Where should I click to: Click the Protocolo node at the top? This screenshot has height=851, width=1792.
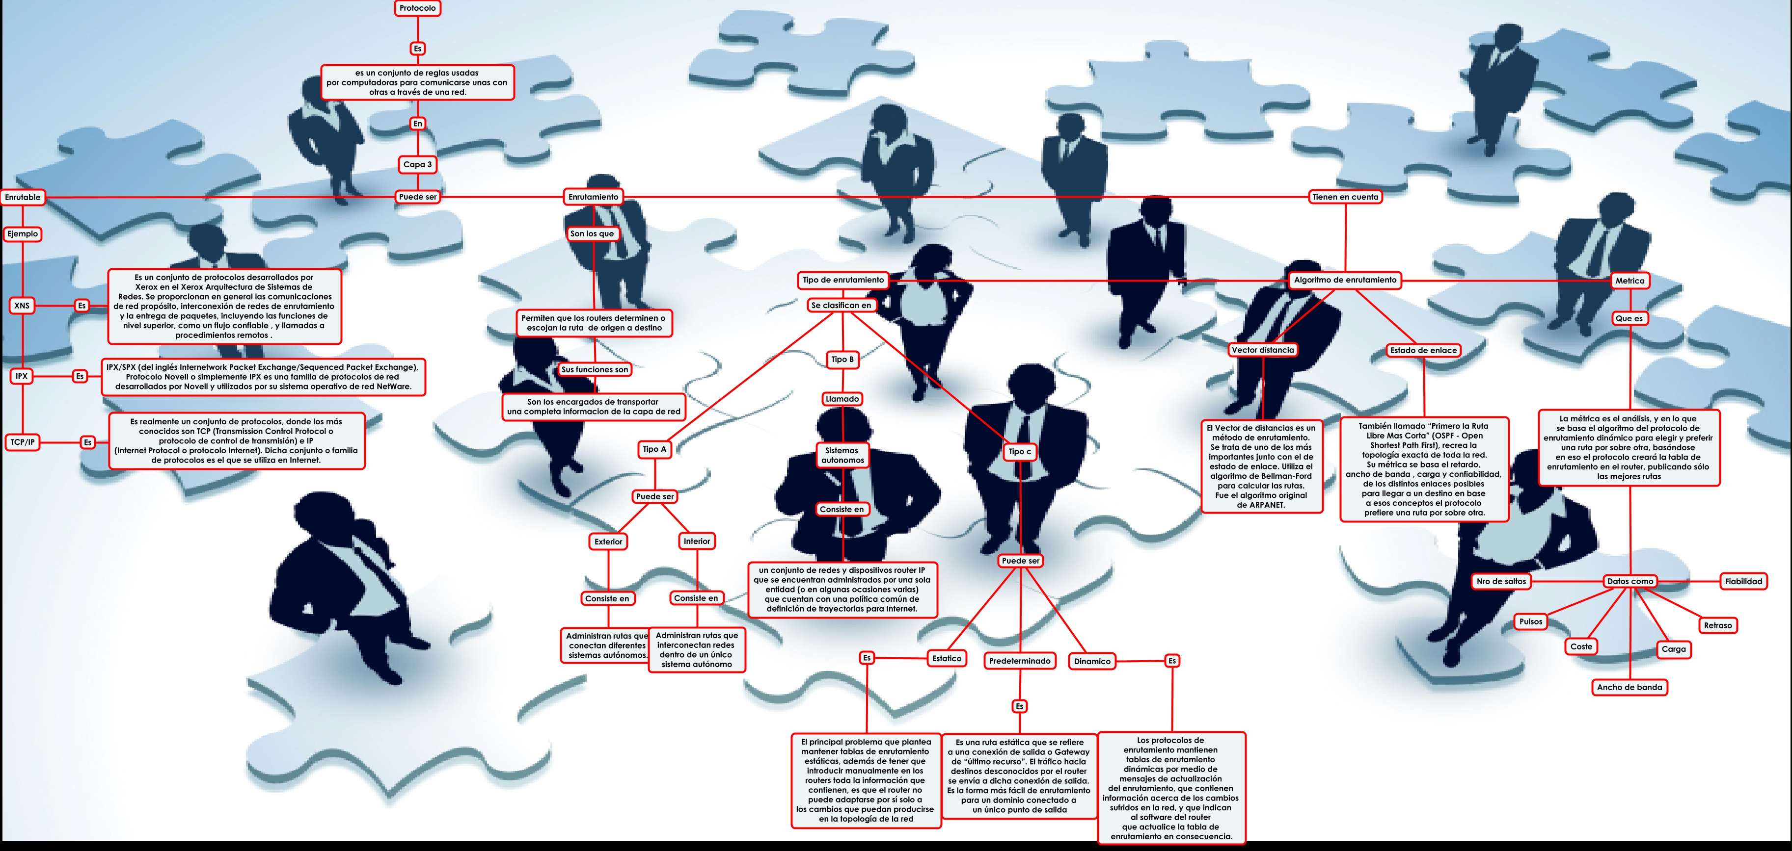[x=417, y=8]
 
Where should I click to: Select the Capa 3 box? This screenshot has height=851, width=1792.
[x=417, y=165]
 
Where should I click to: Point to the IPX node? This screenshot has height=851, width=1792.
[x=22, y=376]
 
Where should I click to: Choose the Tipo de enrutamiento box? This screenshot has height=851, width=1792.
[x=843, y=280]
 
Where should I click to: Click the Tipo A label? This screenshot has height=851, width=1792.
[x=654, y=449]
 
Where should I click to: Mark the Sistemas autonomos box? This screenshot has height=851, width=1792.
[x=842, y=455]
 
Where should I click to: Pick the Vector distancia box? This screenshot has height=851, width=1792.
[x=1263, y=350]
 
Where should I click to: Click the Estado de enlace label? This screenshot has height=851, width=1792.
[x=1423, y=350]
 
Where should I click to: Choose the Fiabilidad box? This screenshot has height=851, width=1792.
[x=1743, y=581]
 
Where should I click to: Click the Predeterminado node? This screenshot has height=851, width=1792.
[x=1020, y=661]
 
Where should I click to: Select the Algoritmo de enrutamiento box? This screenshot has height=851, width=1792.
[x=1345, y=280]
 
